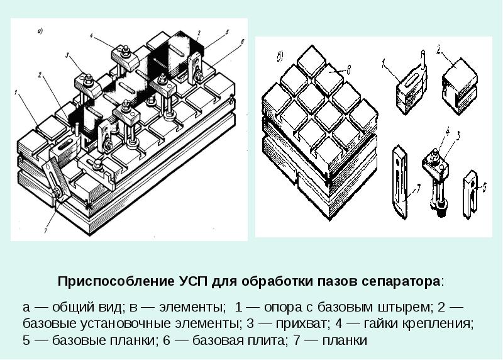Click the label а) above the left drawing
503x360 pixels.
[x=40, y=31]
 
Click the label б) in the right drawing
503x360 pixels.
[x=280, y=57]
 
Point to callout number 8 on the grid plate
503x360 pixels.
[x=348, y=69]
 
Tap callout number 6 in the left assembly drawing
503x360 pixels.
[x=242, y=42]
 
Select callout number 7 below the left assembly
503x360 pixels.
[x=46, y=230]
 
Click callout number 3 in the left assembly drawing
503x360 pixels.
[x=67, y=55]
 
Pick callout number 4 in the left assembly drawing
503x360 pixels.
[x=91, y=36]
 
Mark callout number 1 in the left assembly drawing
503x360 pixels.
[x=15, y=93]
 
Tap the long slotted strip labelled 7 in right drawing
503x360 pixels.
[x=400, y=182]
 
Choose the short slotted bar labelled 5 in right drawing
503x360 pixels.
[x=470, y=194]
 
